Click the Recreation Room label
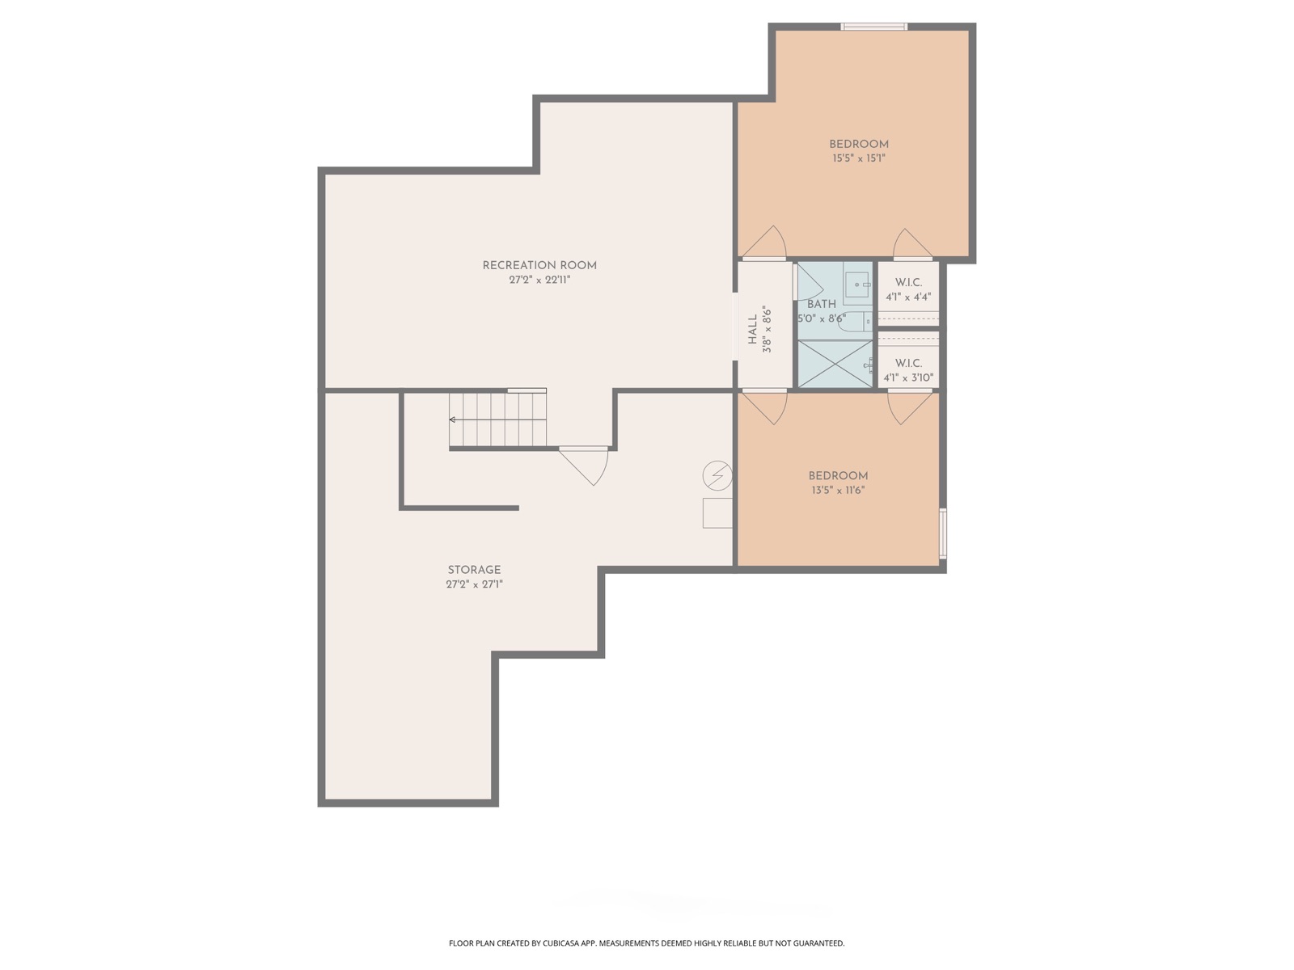(539, 266)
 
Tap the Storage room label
(474, 570)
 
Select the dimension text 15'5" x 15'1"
(858, 158)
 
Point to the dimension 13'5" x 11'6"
(838, 490)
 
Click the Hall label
(752, 329)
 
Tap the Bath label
(821, 305)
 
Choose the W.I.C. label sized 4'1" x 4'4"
(908, 283)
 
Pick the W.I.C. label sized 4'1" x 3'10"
(908, 364)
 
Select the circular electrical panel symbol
(717, 475)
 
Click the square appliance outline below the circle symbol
(717, 513)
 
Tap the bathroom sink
(858, 284)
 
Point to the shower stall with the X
(835, 364)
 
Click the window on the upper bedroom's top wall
(873, 27)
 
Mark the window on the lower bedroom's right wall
(943, 533)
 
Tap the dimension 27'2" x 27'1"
(474, 584)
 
